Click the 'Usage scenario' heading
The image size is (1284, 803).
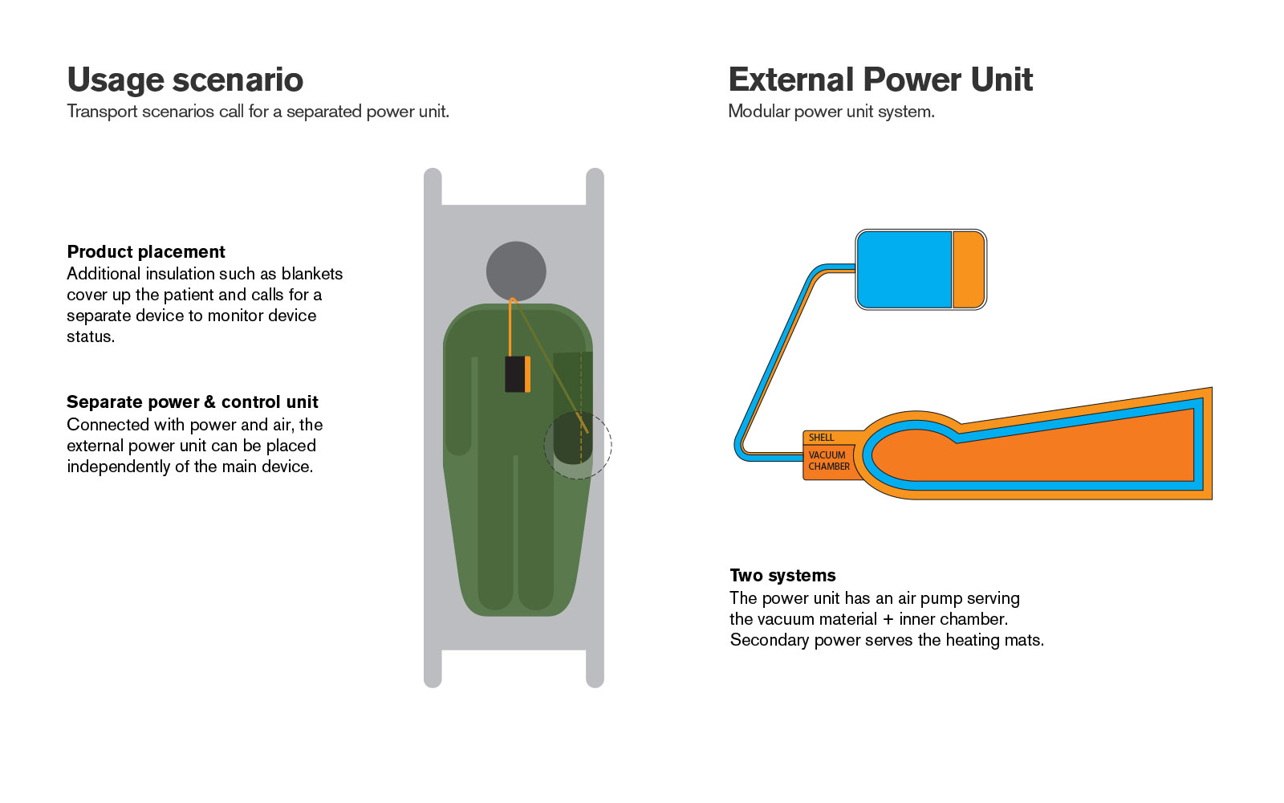[185, 79]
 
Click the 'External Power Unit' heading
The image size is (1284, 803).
[880, 79]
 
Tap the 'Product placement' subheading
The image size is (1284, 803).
[146, 252]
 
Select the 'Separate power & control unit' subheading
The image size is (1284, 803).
[193, 401]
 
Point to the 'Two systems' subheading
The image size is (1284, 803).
[782, 575]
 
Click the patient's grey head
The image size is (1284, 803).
[516, 271]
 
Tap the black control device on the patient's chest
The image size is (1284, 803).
[518, 374]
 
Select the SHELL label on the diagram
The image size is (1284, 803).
[822, 438]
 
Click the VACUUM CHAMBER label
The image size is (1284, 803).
[829, 461]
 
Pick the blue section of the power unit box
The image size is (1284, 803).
[904, 270]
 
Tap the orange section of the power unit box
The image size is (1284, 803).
[968, 270]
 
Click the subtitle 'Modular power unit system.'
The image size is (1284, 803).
[831, 112]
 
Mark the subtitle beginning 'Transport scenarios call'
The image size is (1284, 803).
[258, 112]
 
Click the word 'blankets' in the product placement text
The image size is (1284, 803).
[312, 274]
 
